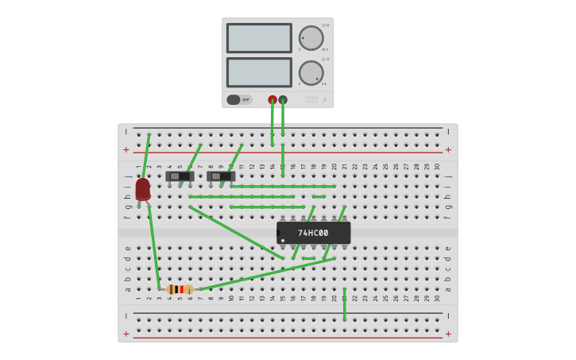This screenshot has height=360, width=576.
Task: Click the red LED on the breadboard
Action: (x=142, y=189)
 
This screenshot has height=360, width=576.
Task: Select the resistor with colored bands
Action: (x=180, y=289)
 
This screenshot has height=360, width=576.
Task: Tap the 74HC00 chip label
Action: (x=313, y=233)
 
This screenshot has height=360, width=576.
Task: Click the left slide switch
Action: (x=180, y=176)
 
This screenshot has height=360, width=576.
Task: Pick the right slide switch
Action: (x=220, y=176)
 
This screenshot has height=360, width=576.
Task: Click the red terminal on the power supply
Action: (x=273, y=100)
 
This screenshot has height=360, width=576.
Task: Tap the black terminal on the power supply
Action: (x=283, y=100)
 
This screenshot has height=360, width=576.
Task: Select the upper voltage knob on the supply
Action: (x=311, y=37)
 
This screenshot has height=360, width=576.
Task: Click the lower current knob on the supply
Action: (x=311, y=73)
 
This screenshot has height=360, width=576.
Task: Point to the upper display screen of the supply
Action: (x=259, y=38)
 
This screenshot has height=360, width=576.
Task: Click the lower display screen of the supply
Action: (x=259, y=72)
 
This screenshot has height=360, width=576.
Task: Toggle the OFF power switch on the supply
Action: (x=234, y=100)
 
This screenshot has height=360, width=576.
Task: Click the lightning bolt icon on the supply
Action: (x=324, y=100)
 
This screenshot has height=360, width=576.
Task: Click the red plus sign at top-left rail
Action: (x=126, y=149)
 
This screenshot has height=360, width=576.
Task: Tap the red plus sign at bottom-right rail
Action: (x=448, y=334)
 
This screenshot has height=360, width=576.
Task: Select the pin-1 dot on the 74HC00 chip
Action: (x=283, y=240)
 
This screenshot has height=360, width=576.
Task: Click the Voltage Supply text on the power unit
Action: (x=311, y=99)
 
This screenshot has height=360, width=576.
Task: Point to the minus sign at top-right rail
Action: (x=448, y=132)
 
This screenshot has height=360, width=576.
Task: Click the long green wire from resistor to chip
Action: (x=266, y=274)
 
